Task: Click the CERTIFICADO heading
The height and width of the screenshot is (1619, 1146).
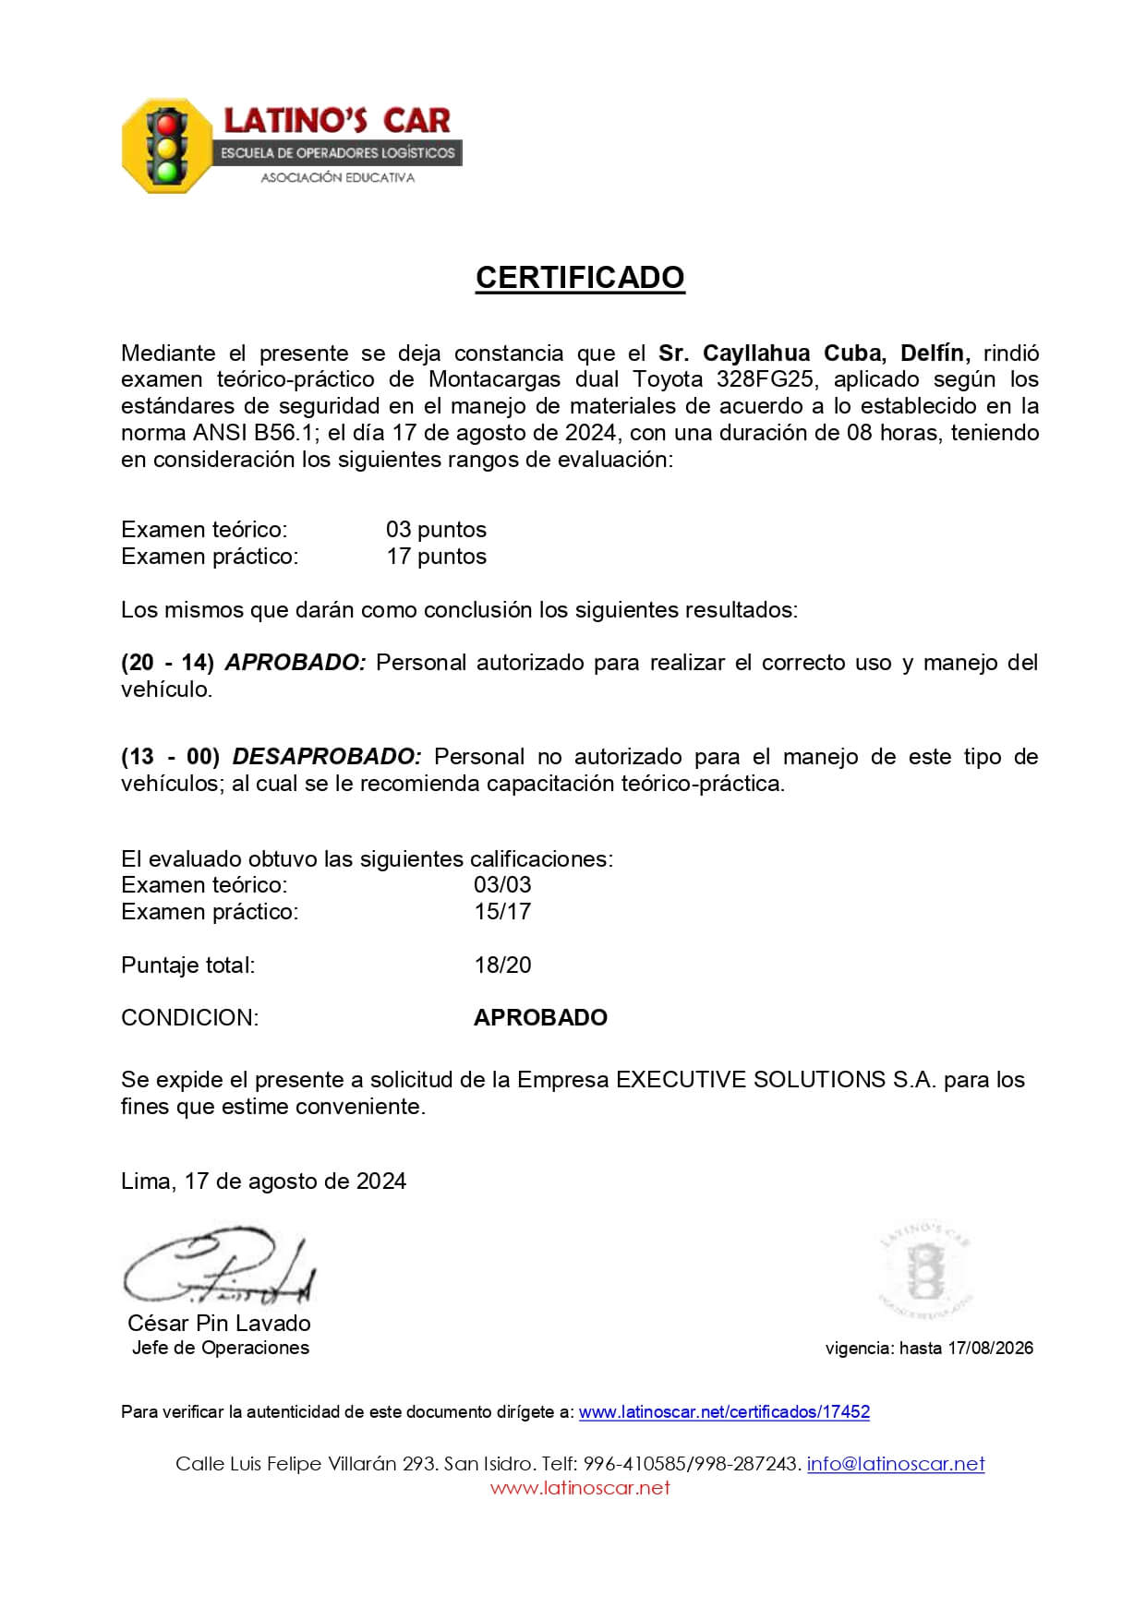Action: [x=580, y=277]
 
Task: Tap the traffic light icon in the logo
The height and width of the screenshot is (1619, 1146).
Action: [x=167, y=146]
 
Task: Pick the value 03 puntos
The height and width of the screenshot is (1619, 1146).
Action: [x=436, y=530]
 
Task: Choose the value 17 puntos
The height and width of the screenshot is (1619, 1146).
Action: [x=436, y=557]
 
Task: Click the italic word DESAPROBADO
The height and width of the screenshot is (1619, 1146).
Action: [x=326, y=757]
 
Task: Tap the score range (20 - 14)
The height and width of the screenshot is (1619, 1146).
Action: [x=167, y=663]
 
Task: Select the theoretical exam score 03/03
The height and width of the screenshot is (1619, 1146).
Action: [x=502, y=884]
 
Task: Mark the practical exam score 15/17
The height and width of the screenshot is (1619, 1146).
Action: [x=502, y=911]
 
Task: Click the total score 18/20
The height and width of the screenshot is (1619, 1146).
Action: [x=502, y=965]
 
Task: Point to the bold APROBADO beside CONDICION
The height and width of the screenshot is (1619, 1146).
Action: [x=540, y=1018]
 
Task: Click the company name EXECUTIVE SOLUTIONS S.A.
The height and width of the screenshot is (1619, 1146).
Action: [x=776, y=1080]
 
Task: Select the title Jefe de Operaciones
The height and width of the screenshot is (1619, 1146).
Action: [x=221, y=1348]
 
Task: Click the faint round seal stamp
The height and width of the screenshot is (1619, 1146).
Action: [x=924, y=1268]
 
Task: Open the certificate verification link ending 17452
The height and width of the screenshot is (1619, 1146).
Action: [x=724, y=1412]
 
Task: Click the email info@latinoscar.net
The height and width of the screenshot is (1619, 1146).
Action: [x=896, y=1464]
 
